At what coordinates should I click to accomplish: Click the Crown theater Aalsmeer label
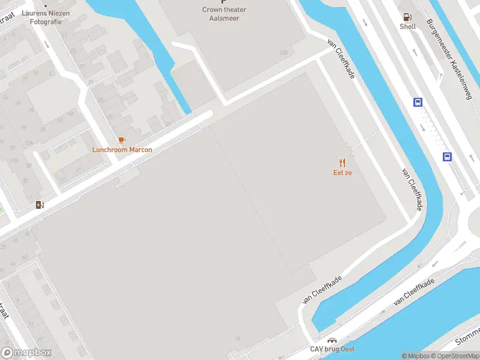coord(224,14)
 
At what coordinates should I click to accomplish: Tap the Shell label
coord(408,26)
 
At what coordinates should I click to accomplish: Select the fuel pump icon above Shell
coord(408,17)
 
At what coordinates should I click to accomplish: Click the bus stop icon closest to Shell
coord(418,103)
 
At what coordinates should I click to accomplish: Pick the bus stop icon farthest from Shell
coord(447,157)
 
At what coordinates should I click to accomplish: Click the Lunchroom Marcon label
coord(122,149)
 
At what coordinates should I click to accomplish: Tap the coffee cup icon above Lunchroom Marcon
coord(122,140)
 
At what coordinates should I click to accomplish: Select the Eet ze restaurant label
coord(343,173)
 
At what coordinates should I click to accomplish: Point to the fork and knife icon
coord(343,162)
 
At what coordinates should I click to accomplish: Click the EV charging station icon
coord(40,205)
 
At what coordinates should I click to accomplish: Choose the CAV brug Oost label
coord(332,349)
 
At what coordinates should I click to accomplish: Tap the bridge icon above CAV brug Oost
coord(332,340)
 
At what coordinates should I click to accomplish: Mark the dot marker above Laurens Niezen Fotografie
coord(45,7)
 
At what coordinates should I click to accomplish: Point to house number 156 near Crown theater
coord(283,53)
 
